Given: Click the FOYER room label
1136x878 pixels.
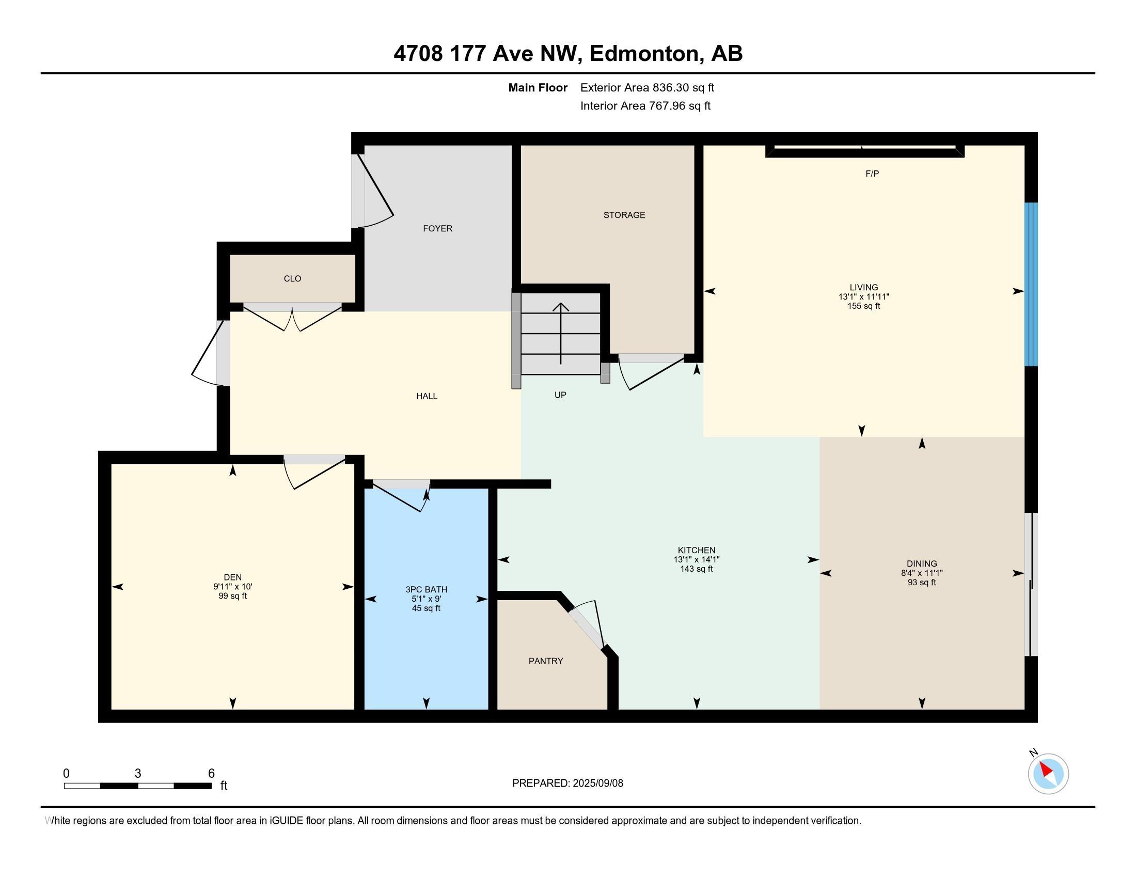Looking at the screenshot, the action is coord(437,228).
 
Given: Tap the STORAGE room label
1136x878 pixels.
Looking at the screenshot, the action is coord(624,215).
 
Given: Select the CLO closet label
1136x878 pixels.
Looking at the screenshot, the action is coord(292,279).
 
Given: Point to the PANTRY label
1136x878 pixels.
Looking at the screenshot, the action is coord(546,661).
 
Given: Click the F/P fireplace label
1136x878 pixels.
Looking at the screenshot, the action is coord(872,174).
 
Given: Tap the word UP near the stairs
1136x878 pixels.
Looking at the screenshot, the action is coord(560,395).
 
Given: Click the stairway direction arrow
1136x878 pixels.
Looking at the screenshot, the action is coord(561,334).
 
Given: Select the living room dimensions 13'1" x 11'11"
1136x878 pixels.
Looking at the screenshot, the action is coord(863,296).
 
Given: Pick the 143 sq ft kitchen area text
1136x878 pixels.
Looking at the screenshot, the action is coord(697,569).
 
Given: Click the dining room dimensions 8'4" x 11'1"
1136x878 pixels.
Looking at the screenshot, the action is coord(922,573).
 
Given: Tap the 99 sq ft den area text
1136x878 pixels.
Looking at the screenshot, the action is coord(232,596).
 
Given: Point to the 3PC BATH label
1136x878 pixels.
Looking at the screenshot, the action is coord(426,589).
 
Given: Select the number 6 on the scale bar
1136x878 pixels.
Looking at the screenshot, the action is coord(211,774).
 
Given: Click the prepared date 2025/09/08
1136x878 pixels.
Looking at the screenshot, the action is coord(597,783).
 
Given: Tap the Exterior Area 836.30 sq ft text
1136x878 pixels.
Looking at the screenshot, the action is coord(647,87).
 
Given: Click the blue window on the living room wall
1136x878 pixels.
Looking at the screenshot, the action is coord(1031,285).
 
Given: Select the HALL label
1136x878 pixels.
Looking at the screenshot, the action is coord(427,396).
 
